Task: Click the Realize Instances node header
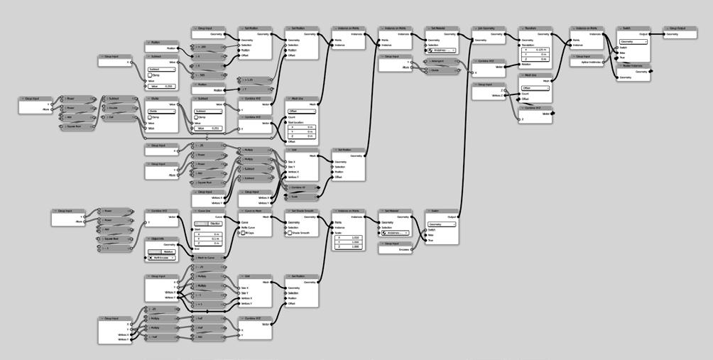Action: pos(633,65)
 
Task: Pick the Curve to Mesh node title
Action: pos(257,211)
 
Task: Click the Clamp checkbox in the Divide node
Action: pos(149,117)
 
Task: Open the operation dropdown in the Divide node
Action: pos(162,111)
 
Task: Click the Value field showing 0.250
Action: pos(162,86)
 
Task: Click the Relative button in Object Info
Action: pos(168,251)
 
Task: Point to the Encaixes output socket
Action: pos(413,249)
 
